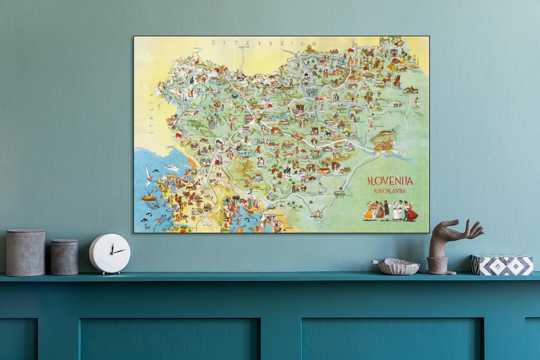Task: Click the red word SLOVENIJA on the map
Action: coord(390,181)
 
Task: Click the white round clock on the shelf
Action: coord(109,253)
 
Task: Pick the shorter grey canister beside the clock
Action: coord(64,256)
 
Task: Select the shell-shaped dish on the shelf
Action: coord(398,266)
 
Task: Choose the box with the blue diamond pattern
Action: coord(502,265)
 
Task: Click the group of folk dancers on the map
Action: coord(390,210)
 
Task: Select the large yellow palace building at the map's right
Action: coord(384,145)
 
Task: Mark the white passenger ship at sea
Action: coord(171,167)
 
